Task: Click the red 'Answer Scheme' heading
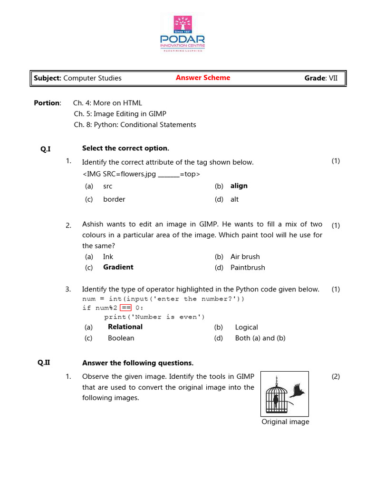pos(203,78)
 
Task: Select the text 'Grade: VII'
pos(321,78)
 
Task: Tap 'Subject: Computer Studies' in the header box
pos(77,78)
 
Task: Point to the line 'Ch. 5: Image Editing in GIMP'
pos(120,114)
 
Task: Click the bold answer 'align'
pos(239,186)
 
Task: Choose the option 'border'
pos(114,199)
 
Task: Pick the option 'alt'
pos(234,199)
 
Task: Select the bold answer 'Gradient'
pos(118,267)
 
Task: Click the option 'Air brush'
pos(245,257)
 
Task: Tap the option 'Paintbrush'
pos(248,268)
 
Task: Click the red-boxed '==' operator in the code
pos(126,308)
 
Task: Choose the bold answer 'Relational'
pos(125,327)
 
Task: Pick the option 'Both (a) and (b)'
pos(260,338)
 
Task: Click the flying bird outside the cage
pos(298,390)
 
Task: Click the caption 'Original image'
pos(285,422)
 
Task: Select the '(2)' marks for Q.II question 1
pos(336,377)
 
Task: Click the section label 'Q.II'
pos(44,363)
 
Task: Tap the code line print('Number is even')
pos(154,317)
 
